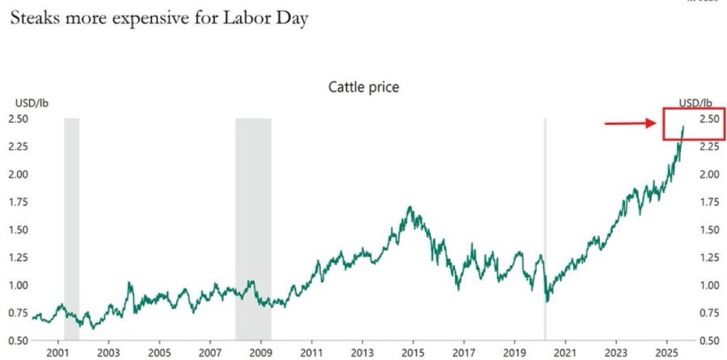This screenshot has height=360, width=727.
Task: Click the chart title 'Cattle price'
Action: [363, 87]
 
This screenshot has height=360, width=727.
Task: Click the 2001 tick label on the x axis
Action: [57, 351]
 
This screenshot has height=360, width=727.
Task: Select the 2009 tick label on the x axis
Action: [261, 351]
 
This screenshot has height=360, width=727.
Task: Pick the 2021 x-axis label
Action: [565, 351]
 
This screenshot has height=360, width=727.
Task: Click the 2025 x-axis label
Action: [667, 351]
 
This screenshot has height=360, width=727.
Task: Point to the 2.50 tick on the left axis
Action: [18, 119]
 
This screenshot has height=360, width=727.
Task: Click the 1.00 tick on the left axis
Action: [18, 285]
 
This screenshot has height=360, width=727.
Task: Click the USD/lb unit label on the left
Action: [28, 104]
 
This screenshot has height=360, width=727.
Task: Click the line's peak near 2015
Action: [410, 207]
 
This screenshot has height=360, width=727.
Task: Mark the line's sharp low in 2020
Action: [547, 301]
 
